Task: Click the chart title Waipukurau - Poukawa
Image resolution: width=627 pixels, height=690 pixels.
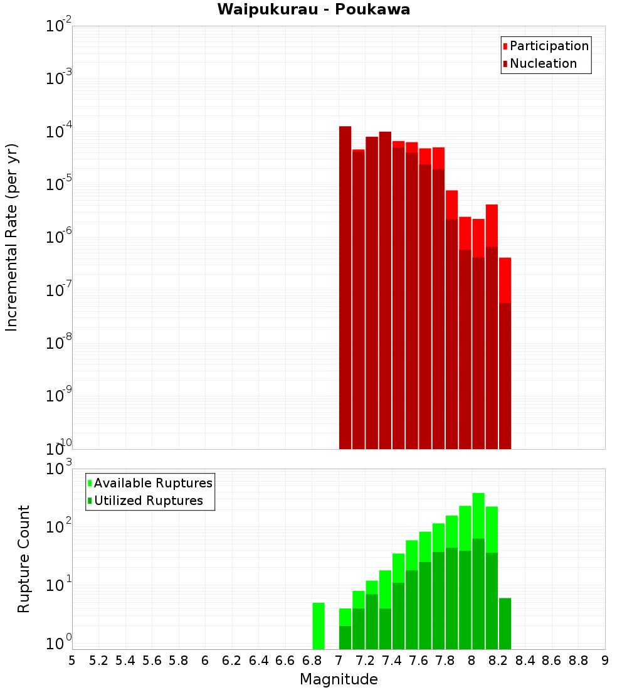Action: tap(313, 9)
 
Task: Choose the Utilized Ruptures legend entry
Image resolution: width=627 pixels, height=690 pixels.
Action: tap(148, 501)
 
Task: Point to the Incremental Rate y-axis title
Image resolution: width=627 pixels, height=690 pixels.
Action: tap(12, 237)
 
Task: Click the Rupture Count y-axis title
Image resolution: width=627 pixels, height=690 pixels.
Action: tap(24, 559)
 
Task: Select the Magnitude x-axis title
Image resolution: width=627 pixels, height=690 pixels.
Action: tap(339, 679)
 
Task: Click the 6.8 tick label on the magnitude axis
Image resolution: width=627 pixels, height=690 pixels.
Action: tap(312, 661)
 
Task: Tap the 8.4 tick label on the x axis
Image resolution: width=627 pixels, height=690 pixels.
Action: tap(525, 661)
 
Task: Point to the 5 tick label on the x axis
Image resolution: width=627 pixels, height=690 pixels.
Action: tap(72, 661)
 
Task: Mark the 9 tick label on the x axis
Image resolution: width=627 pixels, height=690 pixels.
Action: tap(605, 661)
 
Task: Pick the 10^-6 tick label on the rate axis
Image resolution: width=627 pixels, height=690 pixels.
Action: tap(59, 238)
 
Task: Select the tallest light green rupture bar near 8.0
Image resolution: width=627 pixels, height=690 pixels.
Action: tap(478, 514)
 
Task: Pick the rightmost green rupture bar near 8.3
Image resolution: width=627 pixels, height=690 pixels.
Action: tap(505, 624)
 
